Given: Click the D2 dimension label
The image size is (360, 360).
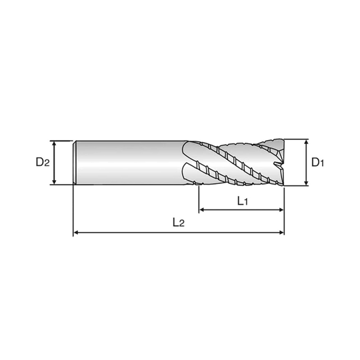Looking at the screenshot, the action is pos(43,162).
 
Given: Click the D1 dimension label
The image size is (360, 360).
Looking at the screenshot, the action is pos(318,162).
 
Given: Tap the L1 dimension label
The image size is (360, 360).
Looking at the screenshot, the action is pos(243,201).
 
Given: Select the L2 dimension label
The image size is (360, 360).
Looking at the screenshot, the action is pos(179,222).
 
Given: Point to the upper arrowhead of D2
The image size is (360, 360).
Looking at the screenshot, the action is pos(54,143).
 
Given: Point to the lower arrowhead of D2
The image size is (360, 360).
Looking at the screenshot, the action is pos(54,181).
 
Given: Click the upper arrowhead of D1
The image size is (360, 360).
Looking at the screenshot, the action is pos(306,143).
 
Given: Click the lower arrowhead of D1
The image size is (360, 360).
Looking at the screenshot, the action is pos(306,182).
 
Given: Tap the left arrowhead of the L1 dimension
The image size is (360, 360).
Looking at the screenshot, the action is pos(202,209).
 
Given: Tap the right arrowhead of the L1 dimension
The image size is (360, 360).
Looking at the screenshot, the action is pos(281,209).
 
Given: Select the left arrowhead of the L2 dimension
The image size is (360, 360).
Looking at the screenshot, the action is pos(76,233).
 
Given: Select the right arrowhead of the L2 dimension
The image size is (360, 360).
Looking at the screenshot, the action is pos(281,233).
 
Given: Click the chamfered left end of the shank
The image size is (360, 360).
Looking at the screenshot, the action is pos(75,163).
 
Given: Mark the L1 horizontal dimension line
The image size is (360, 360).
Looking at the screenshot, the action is pos(241,209).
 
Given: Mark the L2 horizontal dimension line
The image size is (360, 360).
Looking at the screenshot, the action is pos(179,233).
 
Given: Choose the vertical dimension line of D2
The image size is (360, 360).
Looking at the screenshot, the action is pos(54,163).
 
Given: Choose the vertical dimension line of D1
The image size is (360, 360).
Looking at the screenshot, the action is pos(306,163).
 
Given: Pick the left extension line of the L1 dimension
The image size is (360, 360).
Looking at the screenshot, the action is pos(199,199).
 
